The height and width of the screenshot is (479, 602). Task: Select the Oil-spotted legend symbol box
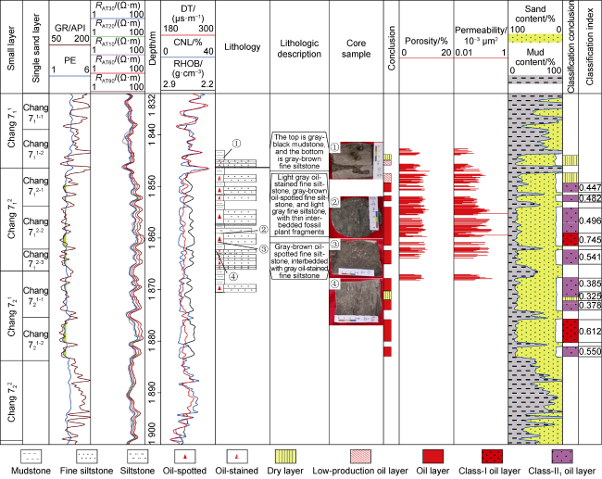(x=189, y=457)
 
